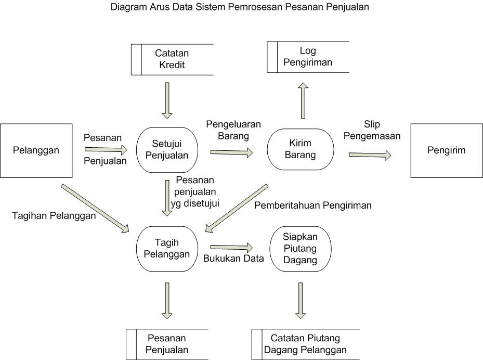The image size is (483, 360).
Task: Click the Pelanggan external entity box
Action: (x=36, y=150)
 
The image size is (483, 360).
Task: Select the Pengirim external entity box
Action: (x=447, y=150)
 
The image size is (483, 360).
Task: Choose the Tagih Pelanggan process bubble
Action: (x=167, y=249)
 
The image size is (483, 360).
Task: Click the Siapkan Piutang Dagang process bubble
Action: (x=300, y=249)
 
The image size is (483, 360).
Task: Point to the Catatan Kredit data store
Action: (x=172, y=59)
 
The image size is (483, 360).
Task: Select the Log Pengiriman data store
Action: (x=308, y=57)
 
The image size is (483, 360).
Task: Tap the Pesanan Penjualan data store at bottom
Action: (x=167, y=344)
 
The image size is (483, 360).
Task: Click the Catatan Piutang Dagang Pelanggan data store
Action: (x=305, y=344)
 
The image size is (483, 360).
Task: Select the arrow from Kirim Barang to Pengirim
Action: (x=370, y=155)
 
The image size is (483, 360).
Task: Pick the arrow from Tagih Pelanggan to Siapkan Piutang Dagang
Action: (x=231, y=247)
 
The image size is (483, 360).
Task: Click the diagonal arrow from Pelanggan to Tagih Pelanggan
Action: (x=95, y=207)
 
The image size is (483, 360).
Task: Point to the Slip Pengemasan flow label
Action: (x=382, y=130)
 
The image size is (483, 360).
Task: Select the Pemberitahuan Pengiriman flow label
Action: (x=312, y=205)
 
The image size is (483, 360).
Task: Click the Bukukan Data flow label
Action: (x=233, y=259)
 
